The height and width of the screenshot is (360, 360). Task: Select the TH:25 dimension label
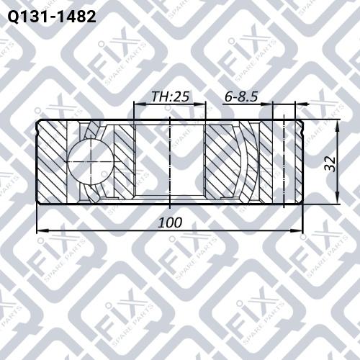(170, 96)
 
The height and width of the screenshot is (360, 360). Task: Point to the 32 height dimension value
(330, 163)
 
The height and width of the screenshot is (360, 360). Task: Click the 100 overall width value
(170, 222)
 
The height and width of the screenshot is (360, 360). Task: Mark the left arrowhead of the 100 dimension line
(42, 230)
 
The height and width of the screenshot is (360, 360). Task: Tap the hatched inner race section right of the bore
(223, 162)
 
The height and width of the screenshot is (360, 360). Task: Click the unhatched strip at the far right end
(299, 163)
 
